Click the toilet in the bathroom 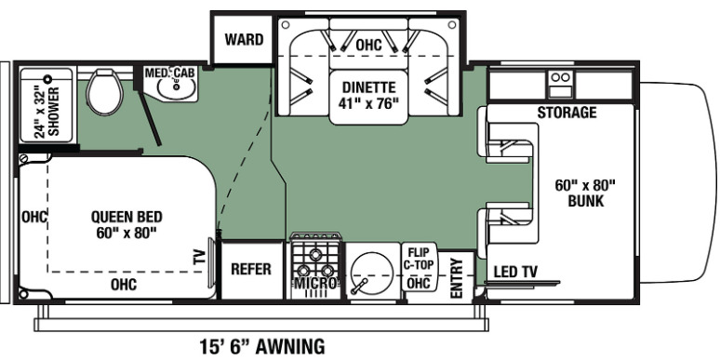[105, 92]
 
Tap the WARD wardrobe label [244, 39]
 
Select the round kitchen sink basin [371, 274]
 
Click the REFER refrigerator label [251, 269]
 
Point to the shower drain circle [47, 78]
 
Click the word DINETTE [368, 87]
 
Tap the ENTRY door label [457, 278]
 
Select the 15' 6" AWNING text [262, 345]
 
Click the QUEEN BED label [127, 216]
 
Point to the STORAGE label [567, 113]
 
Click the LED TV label [515, 272]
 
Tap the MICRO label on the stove [316, 283]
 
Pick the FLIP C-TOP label [419, 259]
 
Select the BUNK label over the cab [585, 201]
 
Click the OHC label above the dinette [368, 45]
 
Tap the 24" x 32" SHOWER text [47, 112]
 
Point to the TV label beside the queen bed [199, 257]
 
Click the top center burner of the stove [315, 253]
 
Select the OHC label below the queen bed [124, 285]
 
